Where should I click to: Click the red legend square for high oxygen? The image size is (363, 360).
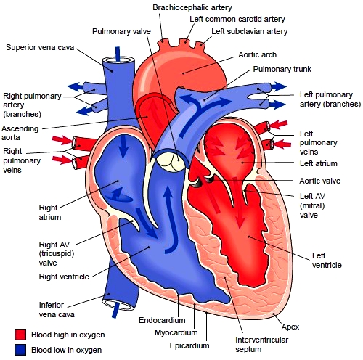(20, 334)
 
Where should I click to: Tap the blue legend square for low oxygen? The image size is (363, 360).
(20, 350)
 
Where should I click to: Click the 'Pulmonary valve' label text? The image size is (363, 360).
(121, 31)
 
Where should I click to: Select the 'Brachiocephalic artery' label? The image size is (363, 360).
(192, 7)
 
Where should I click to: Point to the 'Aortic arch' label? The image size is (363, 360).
(257, 54)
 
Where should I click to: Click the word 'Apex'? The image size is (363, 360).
(290, 327)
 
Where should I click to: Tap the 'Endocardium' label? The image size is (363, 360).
(162, 320)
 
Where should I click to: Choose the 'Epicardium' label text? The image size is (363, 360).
(189, 345)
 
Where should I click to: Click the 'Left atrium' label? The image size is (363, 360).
(319, 163)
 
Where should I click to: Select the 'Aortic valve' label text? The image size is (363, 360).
(320, 181)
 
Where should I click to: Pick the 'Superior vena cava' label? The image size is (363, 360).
(40, 47)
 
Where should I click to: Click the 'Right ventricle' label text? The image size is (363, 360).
(64, 277)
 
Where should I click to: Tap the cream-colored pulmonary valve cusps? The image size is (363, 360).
(173, 163)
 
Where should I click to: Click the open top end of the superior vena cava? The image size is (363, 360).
(118, 60)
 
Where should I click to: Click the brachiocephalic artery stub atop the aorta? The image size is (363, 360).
(163, 44)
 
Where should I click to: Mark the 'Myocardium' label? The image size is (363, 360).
(176, 332)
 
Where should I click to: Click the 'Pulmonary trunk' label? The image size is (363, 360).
(282, 69)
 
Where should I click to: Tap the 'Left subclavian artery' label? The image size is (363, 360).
(250, 31)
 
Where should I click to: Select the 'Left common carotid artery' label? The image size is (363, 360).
(237, 19)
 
